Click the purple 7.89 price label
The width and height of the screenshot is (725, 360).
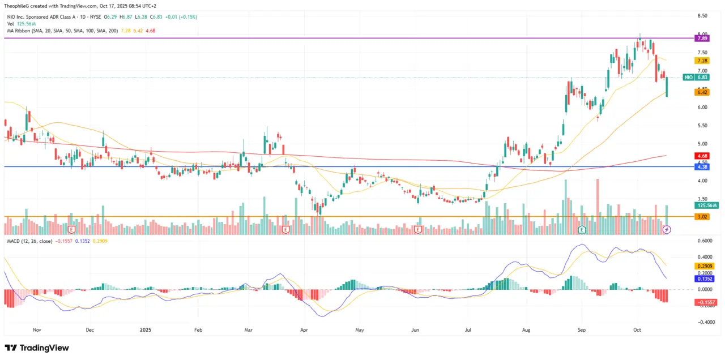[x=703, y=38]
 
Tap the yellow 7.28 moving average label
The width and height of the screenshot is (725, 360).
[x=703, y=61]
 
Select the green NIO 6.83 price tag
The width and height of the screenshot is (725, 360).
[x=696, y=77]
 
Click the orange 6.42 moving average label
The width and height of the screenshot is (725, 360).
[x=703, y=92]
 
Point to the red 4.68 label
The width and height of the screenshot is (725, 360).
[x=703, y=155]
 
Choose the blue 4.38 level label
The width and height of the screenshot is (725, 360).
[x=703, y=167]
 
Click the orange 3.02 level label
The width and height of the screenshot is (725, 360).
[x=703, y=216]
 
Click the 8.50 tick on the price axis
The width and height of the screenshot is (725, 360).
[x=703, y=16]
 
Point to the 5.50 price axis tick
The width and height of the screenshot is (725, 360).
[x=703, y=126]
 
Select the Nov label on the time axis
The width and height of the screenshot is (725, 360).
[x=37, y=329]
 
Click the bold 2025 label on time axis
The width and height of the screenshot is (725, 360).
[x=146, y=329]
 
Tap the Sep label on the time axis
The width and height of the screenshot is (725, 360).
[x=582, y=329]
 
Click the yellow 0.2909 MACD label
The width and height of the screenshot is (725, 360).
[x=705, y=265]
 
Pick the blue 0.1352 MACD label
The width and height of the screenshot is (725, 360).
[x=705, y=278]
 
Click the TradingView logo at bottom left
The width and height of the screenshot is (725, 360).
[x=37, y=348]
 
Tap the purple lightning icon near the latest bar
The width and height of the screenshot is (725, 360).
[x=667, y=230]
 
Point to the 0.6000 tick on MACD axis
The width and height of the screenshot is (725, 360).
[x=705, y=241]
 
